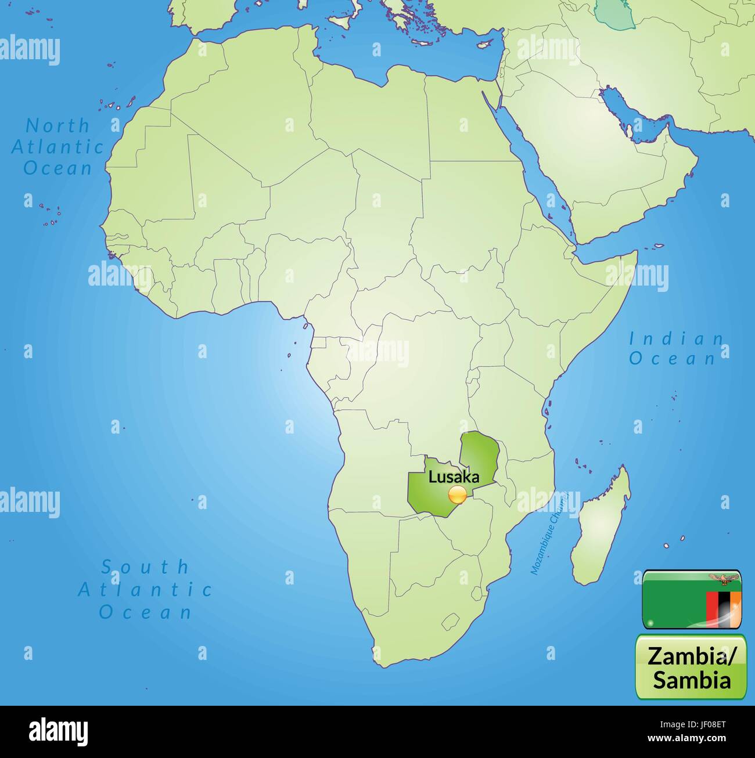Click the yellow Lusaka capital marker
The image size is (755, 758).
coord(458,496)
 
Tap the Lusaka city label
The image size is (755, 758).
coord(454,477)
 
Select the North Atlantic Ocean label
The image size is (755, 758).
coord(57,147)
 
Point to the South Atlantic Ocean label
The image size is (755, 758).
coord(145,589)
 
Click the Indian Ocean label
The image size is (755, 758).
coord(676,349)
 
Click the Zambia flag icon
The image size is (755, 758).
coord(691,600)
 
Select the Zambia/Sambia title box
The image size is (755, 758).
coord(691,667)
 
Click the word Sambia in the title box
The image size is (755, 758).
coord(691,679)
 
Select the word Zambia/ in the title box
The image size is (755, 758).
coord(691,656)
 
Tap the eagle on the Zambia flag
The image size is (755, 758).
coord(723,578)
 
